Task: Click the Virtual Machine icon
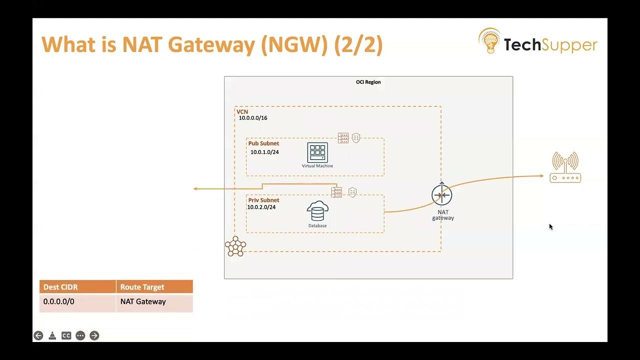317,153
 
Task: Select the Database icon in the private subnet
317,211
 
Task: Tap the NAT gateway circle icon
442,195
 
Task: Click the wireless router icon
565,167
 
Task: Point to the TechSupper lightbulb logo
489,41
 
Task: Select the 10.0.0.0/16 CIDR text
253,118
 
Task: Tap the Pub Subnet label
263,143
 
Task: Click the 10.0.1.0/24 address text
264,152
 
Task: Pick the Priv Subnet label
263,200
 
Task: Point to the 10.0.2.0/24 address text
261,207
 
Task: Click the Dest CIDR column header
60,287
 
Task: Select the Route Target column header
142,287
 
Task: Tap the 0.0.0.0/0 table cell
59,301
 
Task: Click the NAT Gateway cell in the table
143,301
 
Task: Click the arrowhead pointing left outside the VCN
196,188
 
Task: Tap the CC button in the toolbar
66,335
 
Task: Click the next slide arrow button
94,335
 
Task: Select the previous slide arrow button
38,335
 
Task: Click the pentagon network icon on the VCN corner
235,246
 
